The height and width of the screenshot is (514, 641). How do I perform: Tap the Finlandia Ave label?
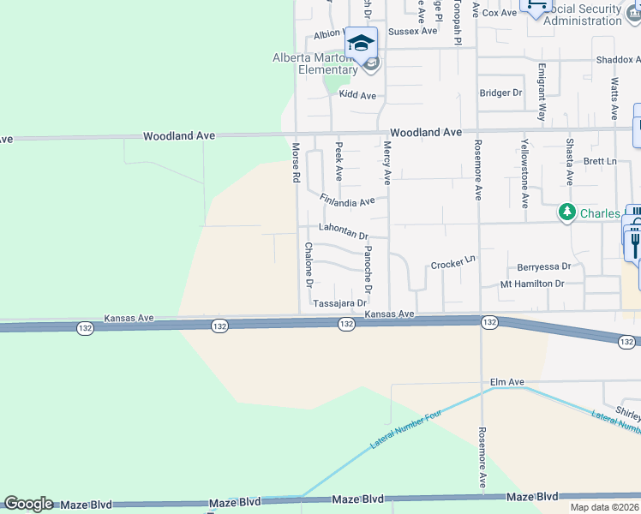pos(347,201)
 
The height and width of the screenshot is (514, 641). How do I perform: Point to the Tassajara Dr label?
pos(339,303)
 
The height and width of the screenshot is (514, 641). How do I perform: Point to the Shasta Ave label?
pos(569,162)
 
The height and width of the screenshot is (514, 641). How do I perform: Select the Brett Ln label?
pos(599,161)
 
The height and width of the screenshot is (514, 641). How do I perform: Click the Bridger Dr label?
pos(500,93)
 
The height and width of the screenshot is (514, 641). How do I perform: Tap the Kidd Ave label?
pos(357,95)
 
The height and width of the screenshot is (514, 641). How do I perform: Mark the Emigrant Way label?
pos(542,91)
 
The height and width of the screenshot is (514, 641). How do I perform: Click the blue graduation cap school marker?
pos(362,43)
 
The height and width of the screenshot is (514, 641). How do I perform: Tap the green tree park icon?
pos(566,211)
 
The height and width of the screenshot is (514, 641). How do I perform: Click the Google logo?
pos(28,504)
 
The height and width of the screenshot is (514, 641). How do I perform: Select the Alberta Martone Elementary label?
pos(315,64)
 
